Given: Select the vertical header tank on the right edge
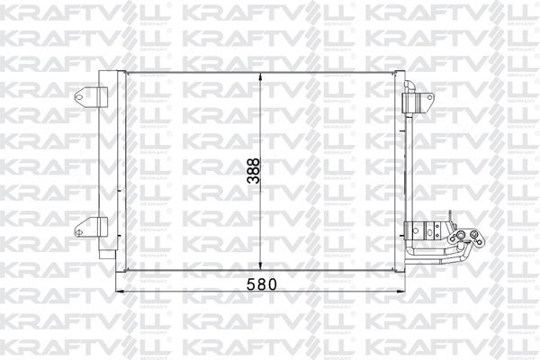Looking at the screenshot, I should (400, 171).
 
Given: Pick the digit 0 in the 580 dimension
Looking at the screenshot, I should (268, 283).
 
